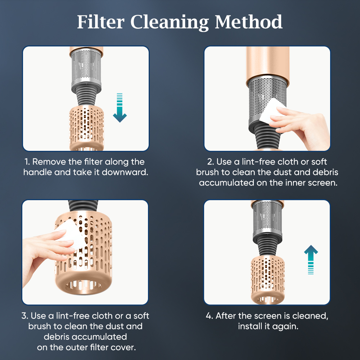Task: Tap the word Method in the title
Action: (x=249, y=22)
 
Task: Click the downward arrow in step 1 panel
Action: (x=120, y=108)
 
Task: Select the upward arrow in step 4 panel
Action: (x=311, y=260)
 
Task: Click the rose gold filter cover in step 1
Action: (x=86, y=128)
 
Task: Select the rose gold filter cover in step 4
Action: (x=268, y=280)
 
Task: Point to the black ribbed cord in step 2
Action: (x=267, y=138)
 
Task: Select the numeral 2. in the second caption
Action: (x=211, y=162)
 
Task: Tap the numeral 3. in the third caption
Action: (x=25, y=316)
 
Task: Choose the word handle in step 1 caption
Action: (x=38, y=172)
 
